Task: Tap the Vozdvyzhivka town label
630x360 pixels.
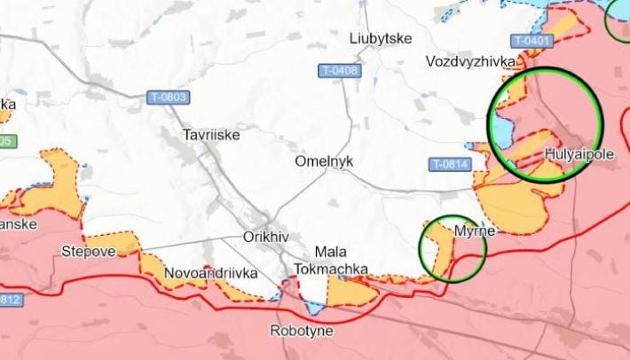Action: tap(470, 62)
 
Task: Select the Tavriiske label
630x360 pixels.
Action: tap(210, 136)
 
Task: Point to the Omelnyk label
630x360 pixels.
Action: tap(323, 162)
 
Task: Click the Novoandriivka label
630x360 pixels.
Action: tap(211, 273)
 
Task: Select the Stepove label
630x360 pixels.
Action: tap(88, 251)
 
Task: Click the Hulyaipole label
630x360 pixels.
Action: tap(576, 153)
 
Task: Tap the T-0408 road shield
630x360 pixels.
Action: tap(339, 71)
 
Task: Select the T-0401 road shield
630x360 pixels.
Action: tap(533, 41)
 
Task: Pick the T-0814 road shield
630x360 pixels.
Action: tap(449, 164)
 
